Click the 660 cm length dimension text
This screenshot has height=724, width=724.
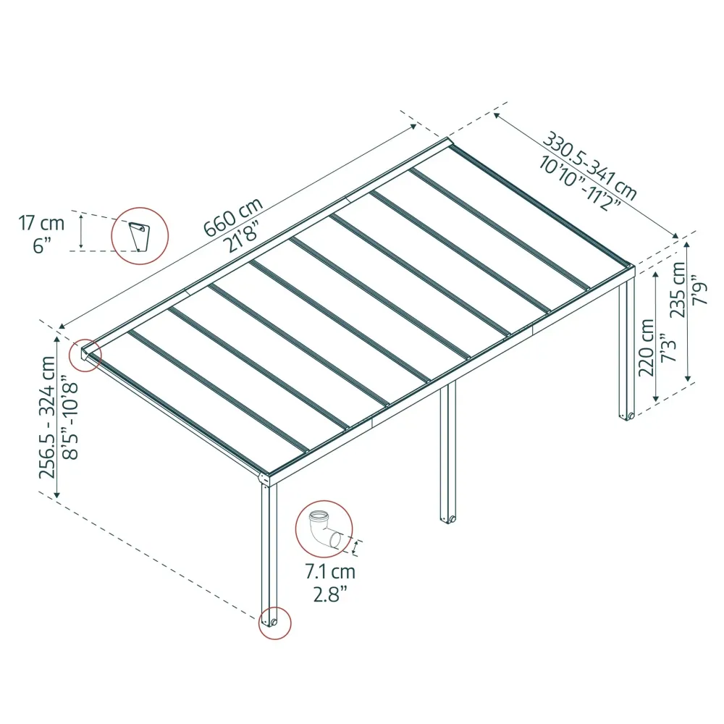(232, 216)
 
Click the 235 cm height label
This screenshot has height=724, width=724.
(678, 290)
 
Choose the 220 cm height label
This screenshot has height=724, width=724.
(647, 348)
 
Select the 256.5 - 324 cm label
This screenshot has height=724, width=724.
(48, 417)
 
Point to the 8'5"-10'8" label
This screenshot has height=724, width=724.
(70, 417)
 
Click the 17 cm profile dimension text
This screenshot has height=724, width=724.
(41, 223)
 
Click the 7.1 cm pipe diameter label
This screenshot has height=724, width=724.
(329, 572)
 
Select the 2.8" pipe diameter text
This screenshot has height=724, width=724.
(329, 594)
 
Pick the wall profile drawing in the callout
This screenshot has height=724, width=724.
(138, 237)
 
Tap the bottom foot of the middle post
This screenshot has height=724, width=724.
(448, 519)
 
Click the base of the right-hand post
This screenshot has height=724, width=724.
(627, 416)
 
